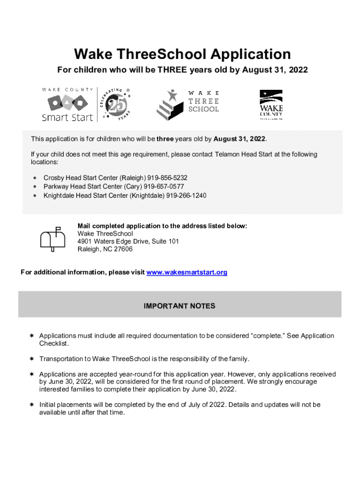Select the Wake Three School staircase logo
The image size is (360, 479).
click(x=168, y=104)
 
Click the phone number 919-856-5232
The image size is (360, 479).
click(x=167, y=178)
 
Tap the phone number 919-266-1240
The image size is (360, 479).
click(x=186, y=195)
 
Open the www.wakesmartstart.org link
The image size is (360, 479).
click(x=187, y=272)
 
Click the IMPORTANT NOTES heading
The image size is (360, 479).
click(x=180, y=306)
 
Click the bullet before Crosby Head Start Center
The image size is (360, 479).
click(x=35, y=179)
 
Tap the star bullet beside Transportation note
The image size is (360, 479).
click(x=31, y=359)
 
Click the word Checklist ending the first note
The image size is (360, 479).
click(x=54, y=344)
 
